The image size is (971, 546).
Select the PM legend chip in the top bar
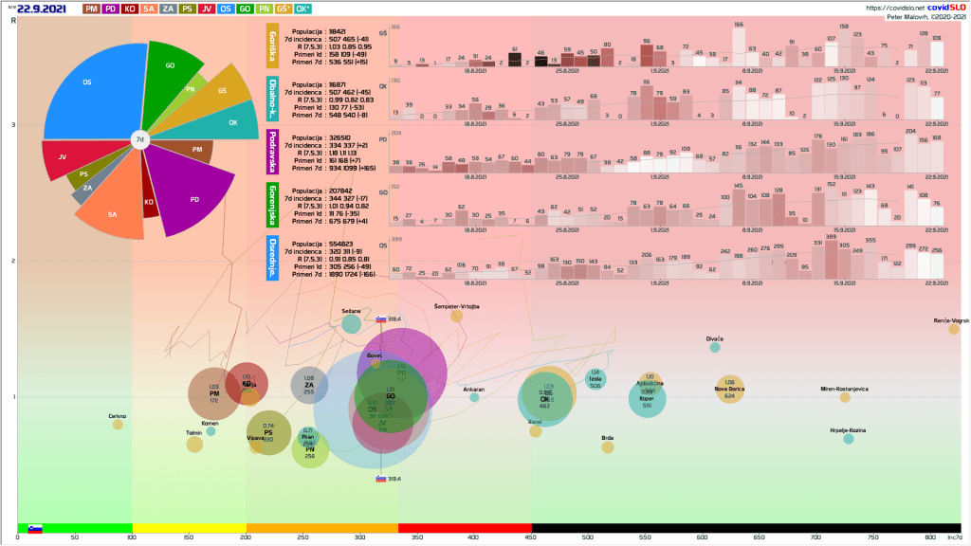click(91, 9)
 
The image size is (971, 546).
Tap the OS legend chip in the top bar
click(226, 9)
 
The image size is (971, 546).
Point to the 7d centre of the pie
click(139, 140)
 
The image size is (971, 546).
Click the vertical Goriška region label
click(273, 46)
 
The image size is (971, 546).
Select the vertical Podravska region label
click(273, 153)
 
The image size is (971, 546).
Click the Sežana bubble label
click(351, 311)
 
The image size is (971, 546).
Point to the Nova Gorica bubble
click(730, 389)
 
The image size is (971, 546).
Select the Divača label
click(715, 338)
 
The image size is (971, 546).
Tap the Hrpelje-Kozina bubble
click(849, 438)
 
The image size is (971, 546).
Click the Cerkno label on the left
click(118, 416)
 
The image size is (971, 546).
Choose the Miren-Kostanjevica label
click(844, 389)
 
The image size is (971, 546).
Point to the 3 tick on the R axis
click(13, 125)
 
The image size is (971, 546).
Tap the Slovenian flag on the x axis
click(34, 528)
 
